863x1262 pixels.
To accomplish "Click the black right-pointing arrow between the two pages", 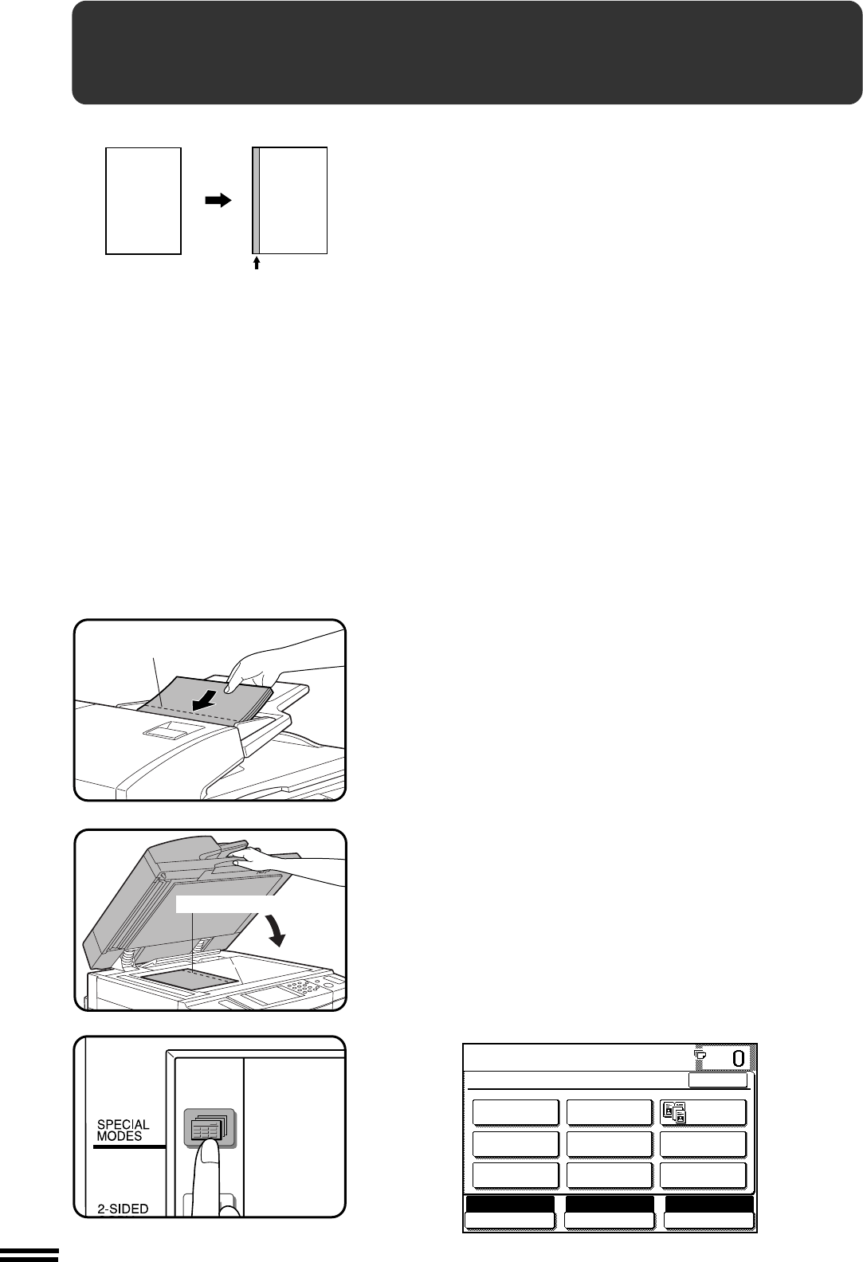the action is tap(218, 201).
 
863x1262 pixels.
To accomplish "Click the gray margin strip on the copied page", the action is tap(256, 201).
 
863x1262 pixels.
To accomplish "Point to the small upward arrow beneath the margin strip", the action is tap(257, 263).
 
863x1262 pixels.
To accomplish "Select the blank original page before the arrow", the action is tap(143, 201).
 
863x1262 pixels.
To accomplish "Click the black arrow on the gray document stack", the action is tap(203, 701).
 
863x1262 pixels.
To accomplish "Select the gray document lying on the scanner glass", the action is tap(190, 979).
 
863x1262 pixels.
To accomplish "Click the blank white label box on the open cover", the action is tap(222, 904).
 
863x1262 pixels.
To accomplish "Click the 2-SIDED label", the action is tap(123, 1209).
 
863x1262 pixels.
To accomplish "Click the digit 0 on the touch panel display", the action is tap(738, 1059).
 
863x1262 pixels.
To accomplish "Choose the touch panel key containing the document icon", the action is tap(703, 1112).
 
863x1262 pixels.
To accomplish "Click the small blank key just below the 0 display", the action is tap(718, 1080).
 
